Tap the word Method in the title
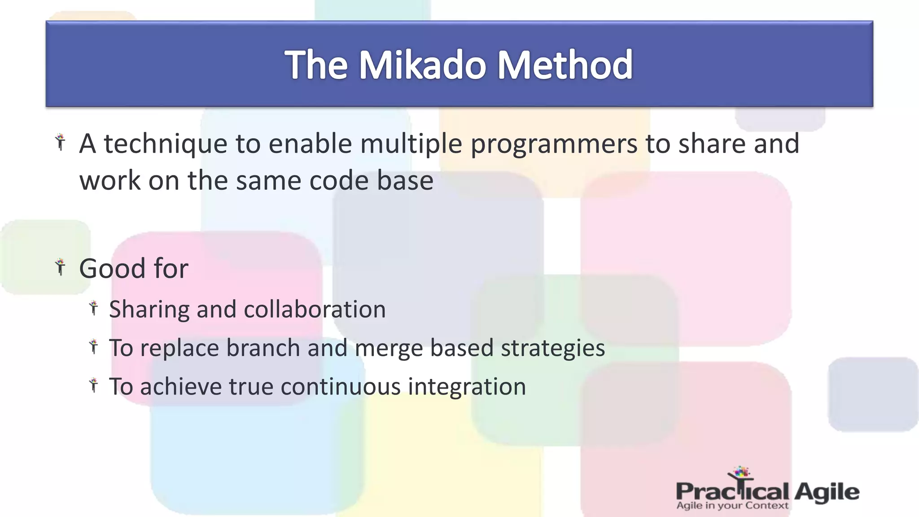click(565, 65)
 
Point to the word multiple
click(411, 145)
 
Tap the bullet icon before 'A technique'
click(60, 142)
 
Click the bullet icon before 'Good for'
click(60, 267)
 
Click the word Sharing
click(149, 310)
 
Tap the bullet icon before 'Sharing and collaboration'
click(93, 308)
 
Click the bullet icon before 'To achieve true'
click(93, 385)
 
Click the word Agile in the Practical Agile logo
click(827, 492)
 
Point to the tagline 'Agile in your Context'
click(732, 506)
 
